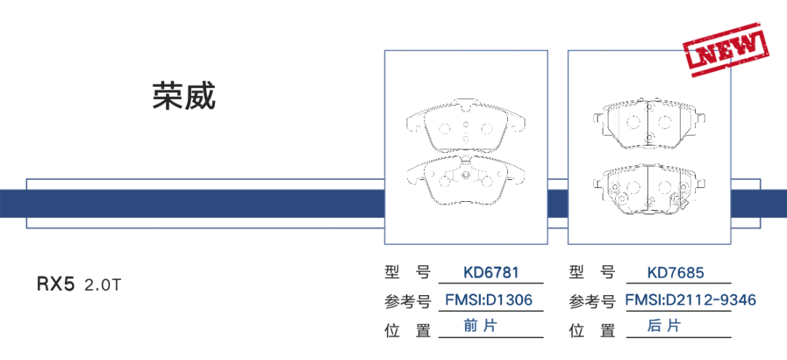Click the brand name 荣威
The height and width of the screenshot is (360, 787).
point(184,95)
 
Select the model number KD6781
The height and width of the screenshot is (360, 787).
point(491,273)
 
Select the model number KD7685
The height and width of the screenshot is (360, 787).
point(676,273)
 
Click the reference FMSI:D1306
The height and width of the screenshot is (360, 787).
point(489,300)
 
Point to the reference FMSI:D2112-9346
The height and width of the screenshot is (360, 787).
point(690,300)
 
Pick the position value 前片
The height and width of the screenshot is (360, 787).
point(480,326)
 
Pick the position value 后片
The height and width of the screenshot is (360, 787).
point(664,326)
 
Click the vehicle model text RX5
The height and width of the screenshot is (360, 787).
point(56,284)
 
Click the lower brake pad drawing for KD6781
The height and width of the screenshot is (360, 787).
point(466,179)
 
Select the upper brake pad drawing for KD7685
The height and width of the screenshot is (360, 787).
point(648,123)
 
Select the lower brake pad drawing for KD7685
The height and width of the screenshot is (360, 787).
point(648,191)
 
